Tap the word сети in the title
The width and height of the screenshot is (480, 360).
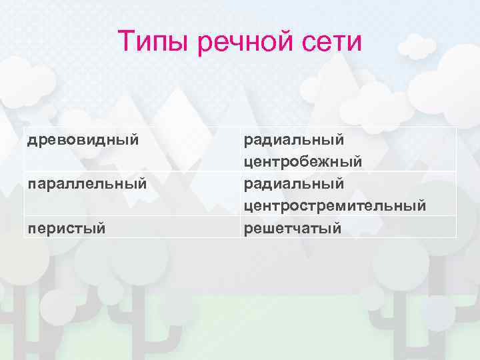pos(333,43)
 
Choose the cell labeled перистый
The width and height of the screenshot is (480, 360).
pos(67,228)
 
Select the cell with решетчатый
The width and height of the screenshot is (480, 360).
pos(293,228)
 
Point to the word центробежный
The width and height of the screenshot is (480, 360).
pos(303,161)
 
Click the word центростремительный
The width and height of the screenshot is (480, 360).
pos(335,205)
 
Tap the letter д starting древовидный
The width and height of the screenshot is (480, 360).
pos(31,141)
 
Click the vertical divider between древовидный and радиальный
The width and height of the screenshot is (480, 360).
pos(241,149)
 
